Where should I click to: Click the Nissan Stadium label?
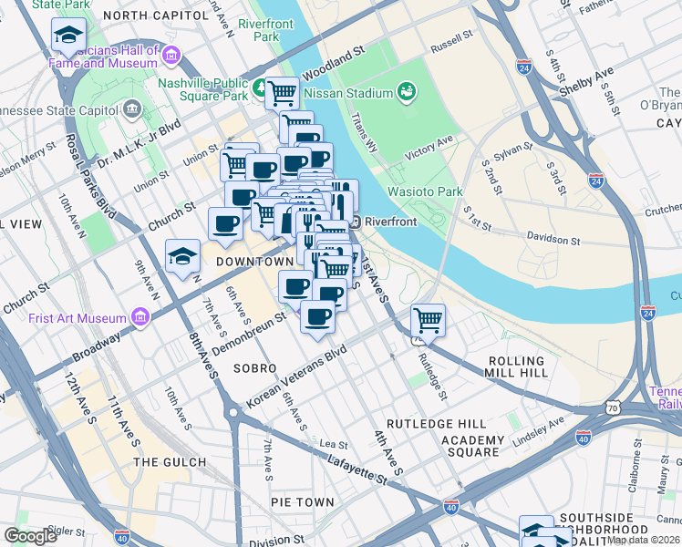coord(346,92)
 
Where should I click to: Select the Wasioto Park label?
coord(425,191)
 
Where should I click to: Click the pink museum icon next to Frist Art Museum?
coord(139,318)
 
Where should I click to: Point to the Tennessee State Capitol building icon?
coord(132,110)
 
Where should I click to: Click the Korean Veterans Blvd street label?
coord(296,377)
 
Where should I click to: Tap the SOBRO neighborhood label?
coord(254,368)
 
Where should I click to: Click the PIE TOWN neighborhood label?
coord(302,502)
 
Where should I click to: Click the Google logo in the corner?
coord(30,535)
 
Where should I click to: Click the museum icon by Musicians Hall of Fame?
coord(170,57)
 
